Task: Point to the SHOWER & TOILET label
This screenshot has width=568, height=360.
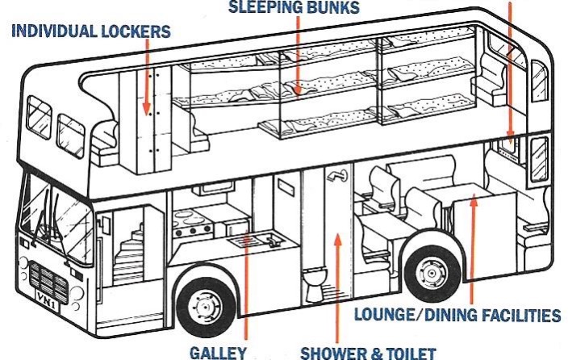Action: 368,353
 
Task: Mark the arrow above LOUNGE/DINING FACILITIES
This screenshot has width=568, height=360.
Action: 473,242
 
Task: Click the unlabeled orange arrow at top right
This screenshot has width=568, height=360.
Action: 510,73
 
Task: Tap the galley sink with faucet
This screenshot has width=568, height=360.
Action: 257,240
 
